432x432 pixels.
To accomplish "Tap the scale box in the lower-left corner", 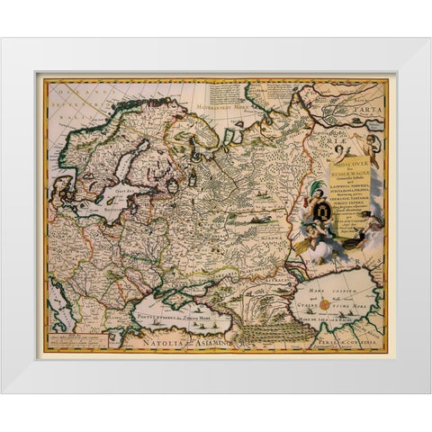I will click(77, 338).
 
